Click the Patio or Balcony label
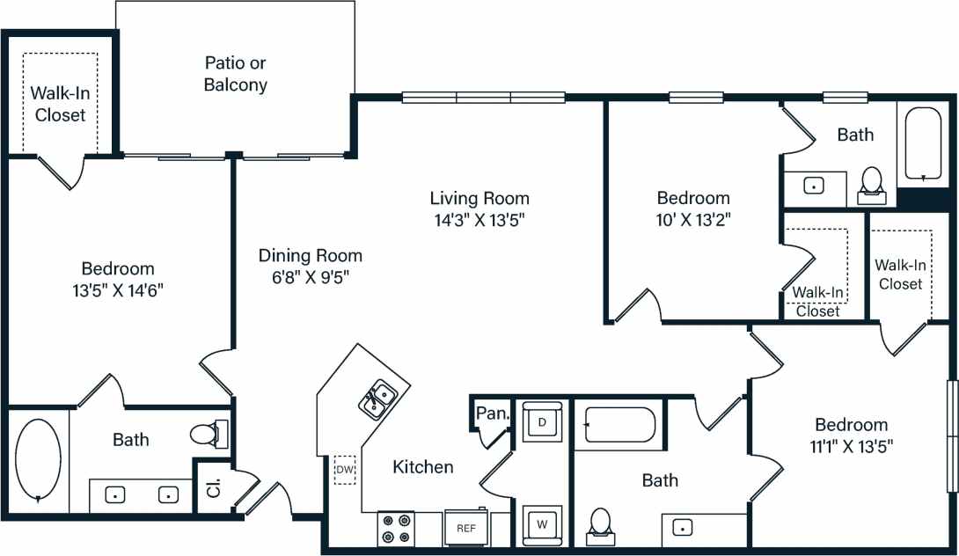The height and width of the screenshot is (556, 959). point(235,74)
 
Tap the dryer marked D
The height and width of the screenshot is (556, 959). point(541,421)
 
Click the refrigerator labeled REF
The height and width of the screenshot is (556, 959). point(465,528)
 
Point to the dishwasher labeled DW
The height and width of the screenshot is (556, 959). point(343,470)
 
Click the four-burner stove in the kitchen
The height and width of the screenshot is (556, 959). point(395,528)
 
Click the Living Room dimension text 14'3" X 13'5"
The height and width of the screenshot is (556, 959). point(479,219)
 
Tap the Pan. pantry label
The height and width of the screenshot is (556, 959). point(490,413)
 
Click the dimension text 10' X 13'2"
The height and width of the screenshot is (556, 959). point(693,219)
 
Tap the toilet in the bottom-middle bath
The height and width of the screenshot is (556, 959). point(602,523)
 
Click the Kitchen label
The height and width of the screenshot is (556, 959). point(423,467)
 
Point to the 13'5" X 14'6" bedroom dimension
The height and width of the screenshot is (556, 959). point(117,289)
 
